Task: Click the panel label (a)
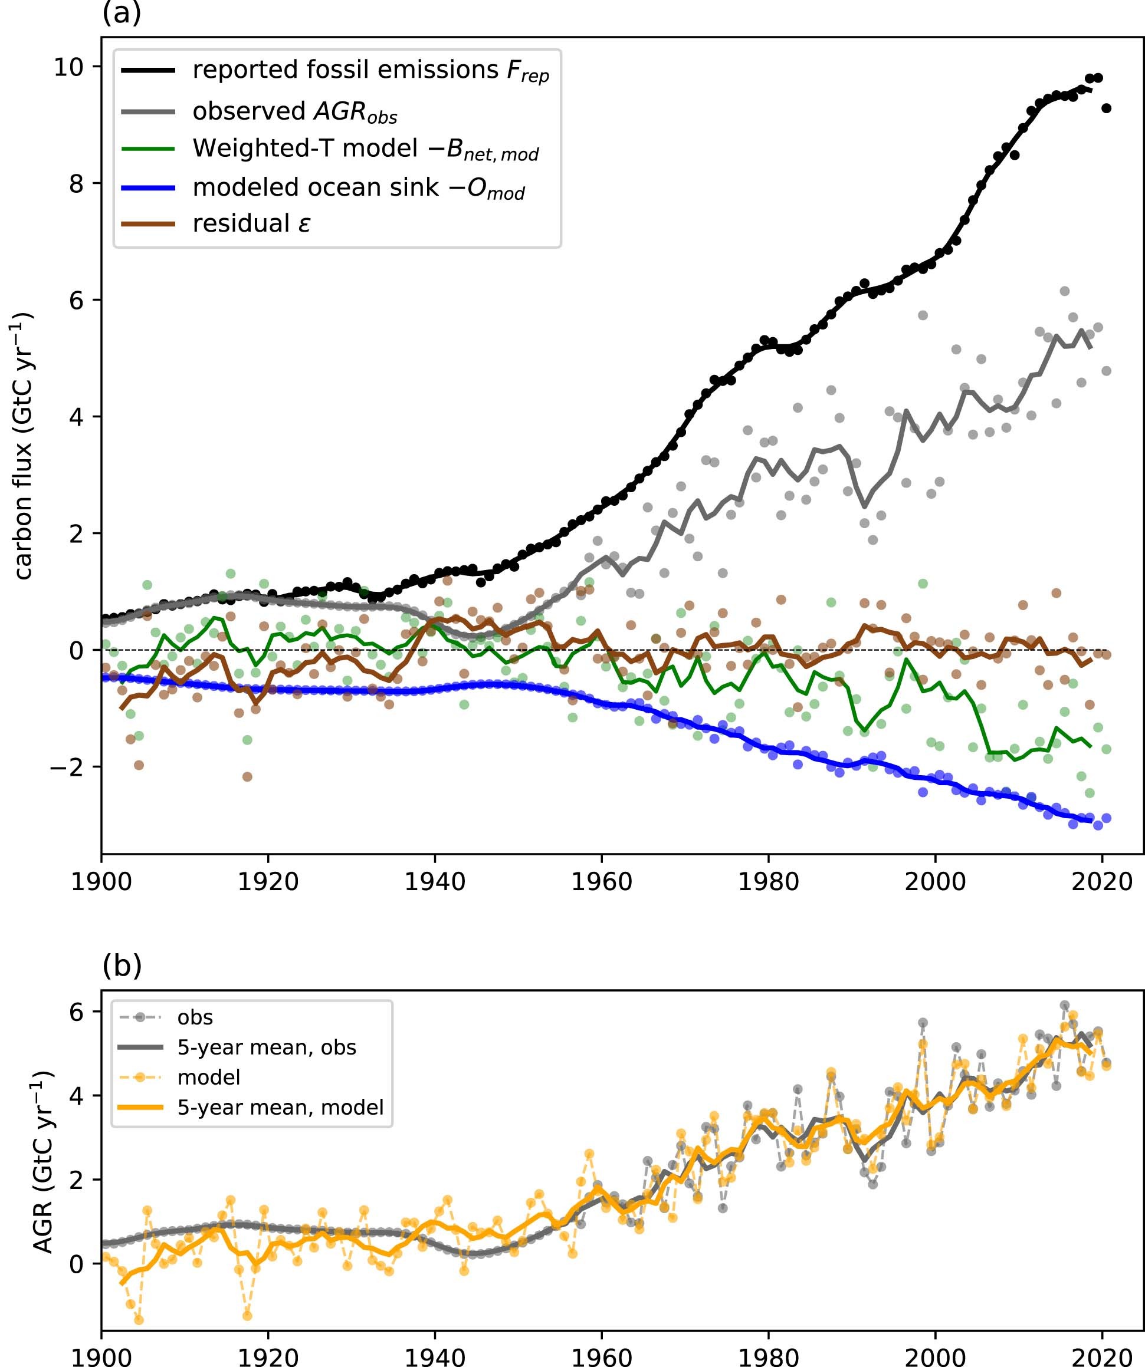click(x=121, y=13)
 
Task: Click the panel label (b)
click(x=121, y=966)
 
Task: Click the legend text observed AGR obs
click(x=294, y=112)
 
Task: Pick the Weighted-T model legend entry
click(x=365, y=150)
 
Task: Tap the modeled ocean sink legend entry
click(x=358, y=188)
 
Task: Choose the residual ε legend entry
click(x=251, y=224)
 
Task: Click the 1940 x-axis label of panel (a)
click(x=434, y=882)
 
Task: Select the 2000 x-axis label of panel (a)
click(x=934, y=882)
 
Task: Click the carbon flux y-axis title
click(x=24, y=446)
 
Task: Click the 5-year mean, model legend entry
click(x=280, y=1107)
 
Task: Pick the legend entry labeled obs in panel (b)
click(x=195, y=1017)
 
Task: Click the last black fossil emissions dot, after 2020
click(x=1106, y=108)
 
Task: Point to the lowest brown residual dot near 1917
click(x=247, y=776)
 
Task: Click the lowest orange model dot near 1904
click(x=139, y=1320)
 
